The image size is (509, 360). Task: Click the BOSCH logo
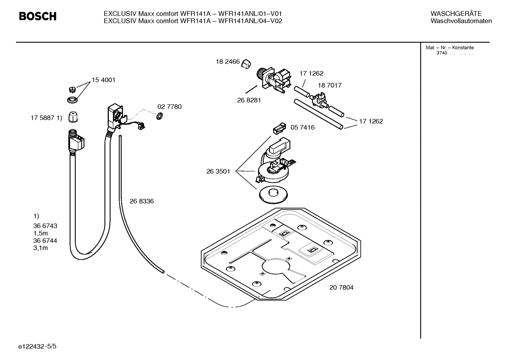pos(37,16)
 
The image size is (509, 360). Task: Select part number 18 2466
pos(228,62)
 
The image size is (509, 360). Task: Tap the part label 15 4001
pos(103,80)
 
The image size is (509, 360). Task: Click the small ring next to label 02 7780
pos(159,116)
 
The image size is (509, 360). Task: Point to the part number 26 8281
pos(249,100)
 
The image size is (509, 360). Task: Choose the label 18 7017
pos(329,85)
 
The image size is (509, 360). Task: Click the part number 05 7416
pos(302,128)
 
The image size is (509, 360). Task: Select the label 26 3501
pos(218,172)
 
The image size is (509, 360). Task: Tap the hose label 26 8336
pos(142,201)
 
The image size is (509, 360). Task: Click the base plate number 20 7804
pos(341,288)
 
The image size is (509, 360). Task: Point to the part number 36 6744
pos(45,241)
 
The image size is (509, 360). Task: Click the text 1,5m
pos(41,233)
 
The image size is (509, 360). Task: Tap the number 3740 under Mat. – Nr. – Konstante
pos(442,53)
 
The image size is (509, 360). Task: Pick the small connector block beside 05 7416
pos(278,129)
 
